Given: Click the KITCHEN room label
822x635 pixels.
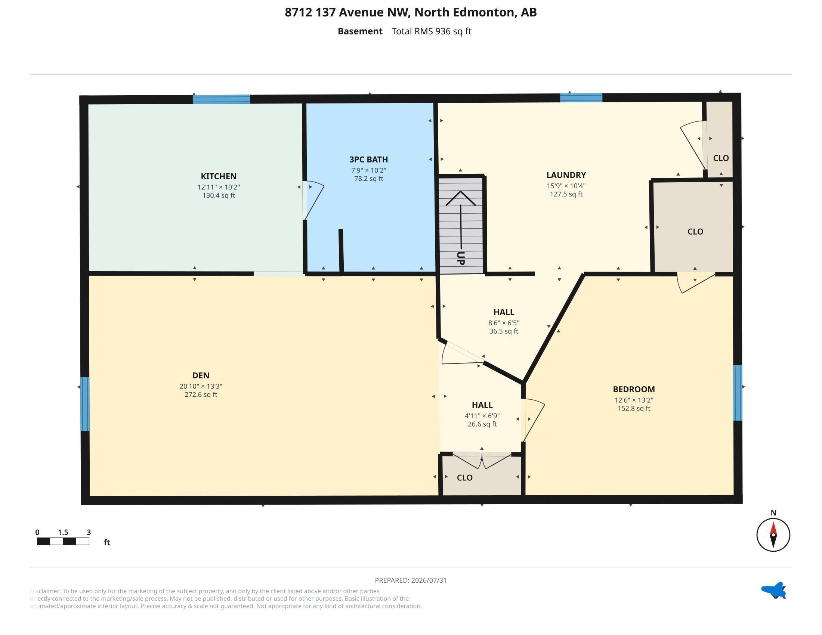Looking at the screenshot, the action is tap(219, 176).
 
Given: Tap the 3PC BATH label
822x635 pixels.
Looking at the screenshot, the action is tap(368, 159).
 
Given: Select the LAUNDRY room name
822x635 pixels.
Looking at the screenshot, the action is tap(566, 175).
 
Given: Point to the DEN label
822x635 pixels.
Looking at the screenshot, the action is tap(201, 375).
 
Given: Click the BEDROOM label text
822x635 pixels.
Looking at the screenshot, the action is tap(634, 389).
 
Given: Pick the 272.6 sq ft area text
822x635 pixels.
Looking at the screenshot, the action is tap(201, 394).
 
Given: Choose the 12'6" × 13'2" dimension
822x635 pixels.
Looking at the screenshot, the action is tap(634, 400).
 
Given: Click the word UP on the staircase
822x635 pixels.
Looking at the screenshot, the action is tap(460, 258).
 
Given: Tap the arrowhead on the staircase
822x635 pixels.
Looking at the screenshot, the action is tap(460, 198).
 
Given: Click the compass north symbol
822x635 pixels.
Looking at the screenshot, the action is tap(773, 534).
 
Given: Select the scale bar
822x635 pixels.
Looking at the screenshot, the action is tap(63, 541).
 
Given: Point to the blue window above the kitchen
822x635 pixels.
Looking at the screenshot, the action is tap(221, 99).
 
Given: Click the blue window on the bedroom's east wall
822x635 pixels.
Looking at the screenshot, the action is tap(738, 393).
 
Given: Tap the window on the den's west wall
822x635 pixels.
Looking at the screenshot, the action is tap(85, 404).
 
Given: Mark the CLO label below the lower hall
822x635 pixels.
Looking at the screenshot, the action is tap(464, 478).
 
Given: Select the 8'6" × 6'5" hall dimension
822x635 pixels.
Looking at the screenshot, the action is tap(504, 323).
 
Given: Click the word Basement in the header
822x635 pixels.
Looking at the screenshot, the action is tap(360, 31).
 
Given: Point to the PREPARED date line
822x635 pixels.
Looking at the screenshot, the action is tap(411, 580).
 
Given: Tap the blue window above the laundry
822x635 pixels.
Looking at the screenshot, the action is tap(581, 98).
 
